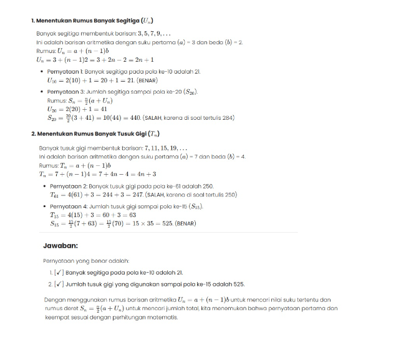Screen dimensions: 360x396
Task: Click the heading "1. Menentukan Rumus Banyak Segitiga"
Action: (94, 21)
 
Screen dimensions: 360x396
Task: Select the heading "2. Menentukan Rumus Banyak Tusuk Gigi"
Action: (95, 134)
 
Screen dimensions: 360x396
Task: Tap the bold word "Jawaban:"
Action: (60, 246)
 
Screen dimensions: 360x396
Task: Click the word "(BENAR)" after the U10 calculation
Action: (147, 80)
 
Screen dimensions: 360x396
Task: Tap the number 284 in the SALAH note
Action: (228, 117)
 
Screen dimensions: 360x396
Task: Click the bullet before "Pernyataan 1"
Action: (41, 71)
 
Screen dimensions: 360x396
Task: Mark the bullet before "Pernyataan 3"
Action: (41, 91)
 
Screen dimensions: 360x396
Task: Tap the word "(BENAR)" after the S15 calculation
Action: (185, 223)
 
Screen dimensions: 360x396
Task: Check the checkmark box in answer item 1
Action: (59, 273)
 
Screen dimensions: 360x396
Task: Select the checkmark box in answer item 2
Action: (59, 285)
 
